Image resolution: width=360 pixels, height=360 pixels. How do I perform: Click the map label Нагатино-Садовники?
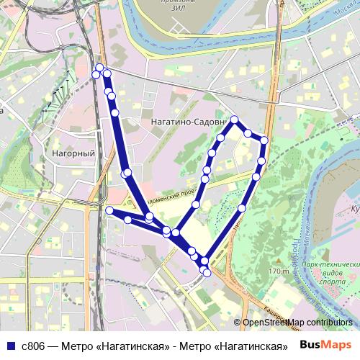point(184,123)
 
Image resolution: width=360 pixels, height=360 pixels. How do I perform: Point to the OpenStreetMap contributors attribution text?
point(297,323)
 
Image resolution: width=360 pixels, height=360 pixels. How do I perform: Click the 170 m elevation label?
point(278,271)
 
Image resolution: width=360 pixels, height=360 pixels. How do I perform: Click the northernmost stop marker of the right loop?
point(235,120)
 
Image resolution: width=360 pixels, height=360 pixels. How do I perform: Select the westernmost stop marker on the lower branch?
point(109,210)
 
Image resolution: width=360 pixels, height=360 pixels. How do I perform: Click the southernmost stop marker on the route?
point(207,273)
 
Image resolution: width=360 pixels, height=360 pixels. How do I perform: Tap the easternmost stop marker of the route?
point(264,140)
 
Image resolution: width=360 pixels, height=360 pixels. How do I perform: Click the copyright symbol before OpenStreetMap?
point(237,323)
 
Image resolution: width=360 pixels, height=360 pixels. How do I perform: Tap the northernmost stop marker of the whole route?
point(99,68)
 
